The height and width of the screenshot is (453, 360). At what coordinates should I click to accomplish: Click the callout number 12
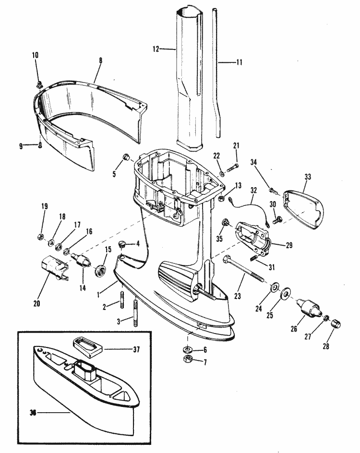156,49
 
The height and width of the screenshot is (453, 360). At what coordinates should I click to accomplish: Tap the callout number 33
308,177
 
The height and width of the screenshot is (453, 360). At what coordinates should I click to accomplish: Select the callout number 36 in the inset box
33,413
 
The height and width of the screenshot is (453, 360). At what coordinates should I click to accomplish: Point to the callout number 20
36,303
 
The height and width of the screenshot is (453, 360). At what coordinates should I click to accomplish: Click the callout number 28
326,346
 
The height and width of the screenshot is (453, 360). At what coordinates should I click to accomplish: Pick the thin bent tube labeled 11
216,72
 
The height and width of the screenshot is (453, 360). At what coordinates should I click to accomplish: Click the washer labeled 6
188,349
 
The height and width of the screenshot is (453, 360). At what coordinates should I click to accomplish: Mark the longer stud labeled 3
135,313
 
